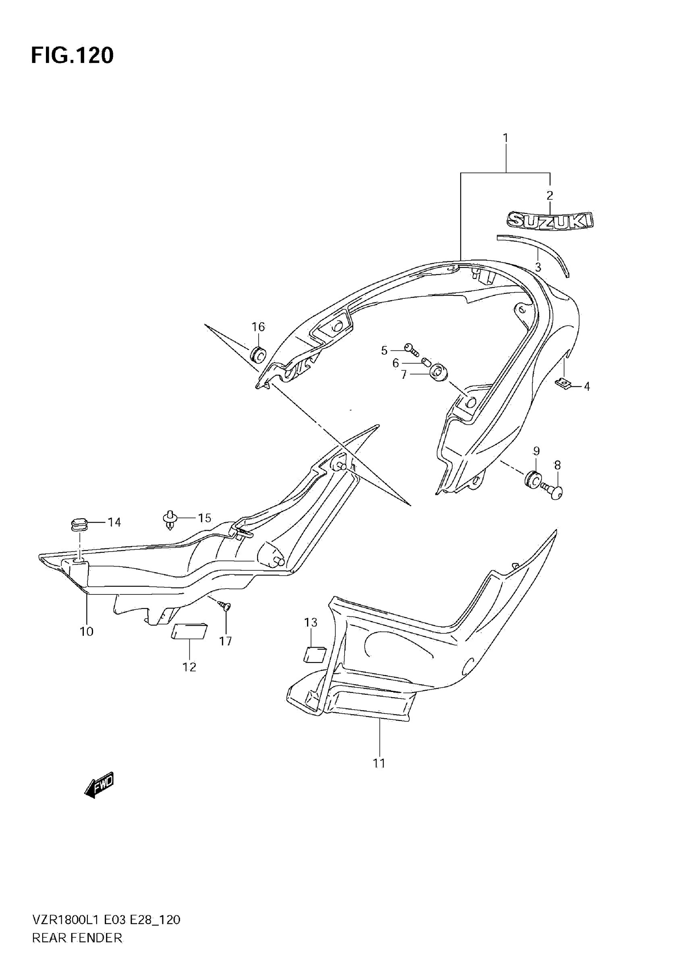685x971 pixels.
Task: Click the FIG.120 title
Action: (x=72, y=56)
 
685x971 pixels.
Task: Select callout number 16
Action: (x=258, y=327)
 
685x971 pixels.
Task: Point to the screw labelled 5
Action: (x=411, y=349)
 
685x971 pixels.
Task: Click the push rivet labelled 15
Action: (x=170, y=519)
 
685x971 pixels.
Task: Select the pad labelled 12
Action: (x=189, y=632)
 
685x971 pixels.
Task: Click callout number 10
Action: (x=87, y=631)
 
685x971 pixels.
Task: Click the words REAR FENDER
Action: (x=77, y=948)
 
